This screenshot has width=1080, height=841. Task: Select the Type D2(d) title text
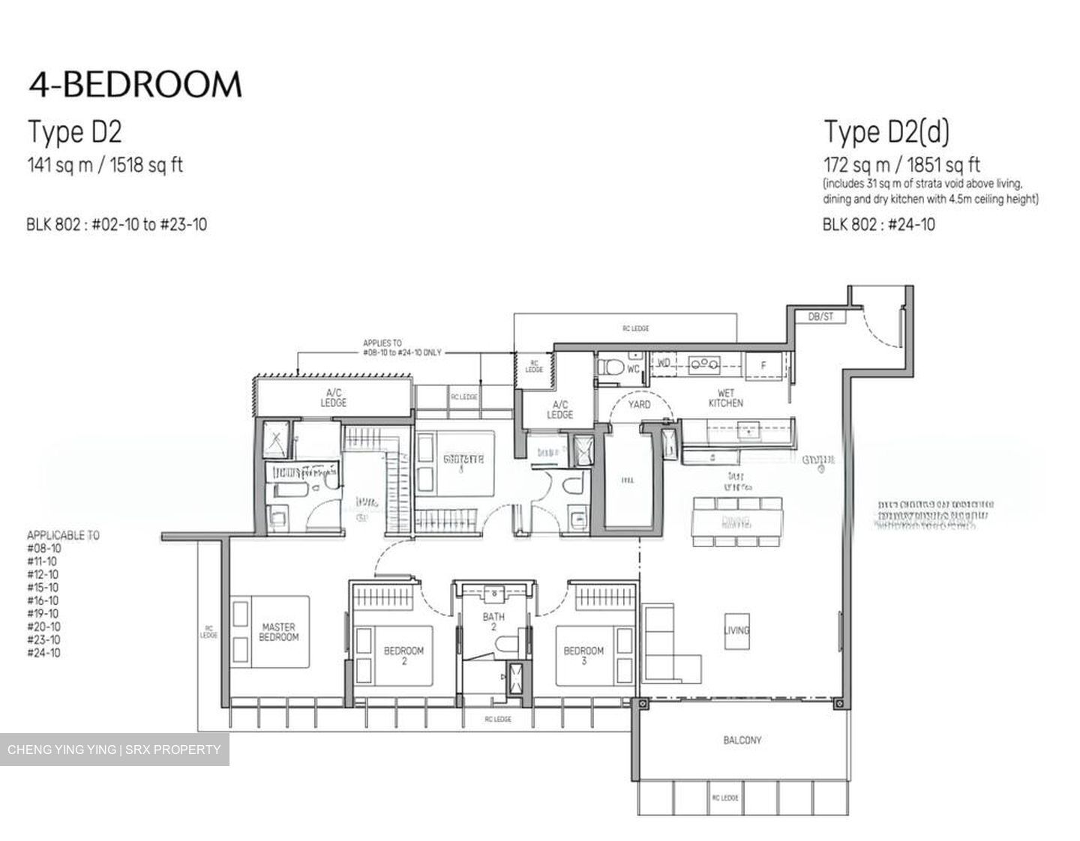click(x=886, y=132)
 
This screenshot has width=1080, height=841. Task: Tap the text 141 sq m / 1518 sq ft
click(x=105, y=164)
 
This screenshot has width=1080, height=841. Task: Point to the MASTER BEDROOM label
click(x=278, y=632)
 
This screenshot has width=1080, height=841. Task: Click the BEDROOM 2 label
click(x=403, y=656)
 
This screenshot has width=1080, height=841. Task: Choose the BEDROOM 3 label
click(x=583, y=656)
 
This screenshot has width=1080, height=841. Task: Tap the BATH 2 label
click(x=493, y=621)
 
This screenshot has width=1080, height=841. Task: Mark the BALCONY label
click(x=742, y=740)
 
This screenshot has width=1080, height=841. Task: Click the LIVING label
click(x=736, y=630)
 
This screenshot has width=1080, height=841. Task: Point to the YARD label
click(x=639, y=405)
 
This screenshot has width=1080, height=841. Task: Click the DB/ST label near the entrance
click(x=820, y=317)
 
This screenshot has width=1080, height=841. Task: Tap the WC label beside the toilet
click(x=633, y=369)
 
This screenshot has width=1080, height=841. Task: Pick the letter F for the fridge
click(x=763, y=365)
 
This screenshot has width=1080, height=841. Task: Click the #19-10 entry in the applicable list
click(x=43, y=613)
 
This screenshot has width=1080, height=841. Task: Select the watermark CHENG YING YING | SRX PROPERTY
click(x=114, y=750)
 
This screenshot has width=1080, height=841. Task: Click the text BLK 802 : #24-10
click(x=878, y=224)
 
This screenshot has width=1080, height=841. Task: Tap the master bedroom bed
click(x=270, y=632)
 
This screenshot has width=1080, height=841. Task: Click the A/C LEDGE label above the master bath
click(x=333, y=397)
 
